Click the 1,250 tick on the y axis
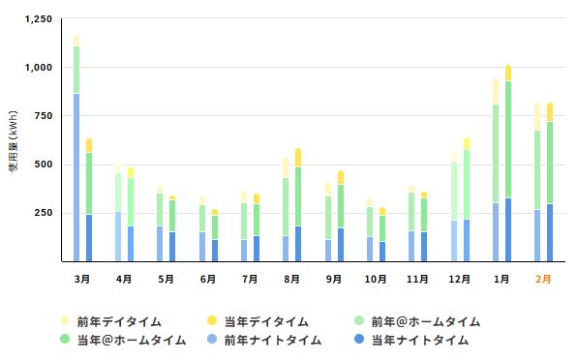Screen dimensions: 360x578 click(38, 19)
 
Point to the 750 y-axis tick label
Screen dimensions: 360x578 click(44, 116)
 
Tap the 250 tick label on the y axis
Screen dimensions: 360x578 click(44, 213)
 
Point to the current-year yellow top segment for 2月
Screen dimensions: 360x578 click(550, 111)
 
